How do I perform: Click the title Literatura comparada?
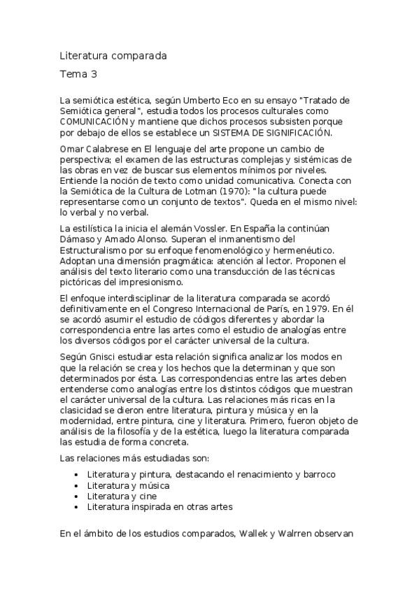click(113, 55)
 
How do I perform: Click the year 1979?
click(315, 308)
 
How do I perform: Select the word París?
click(275, 308)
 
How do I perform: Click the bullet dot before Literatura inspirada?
click(76, 506)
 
